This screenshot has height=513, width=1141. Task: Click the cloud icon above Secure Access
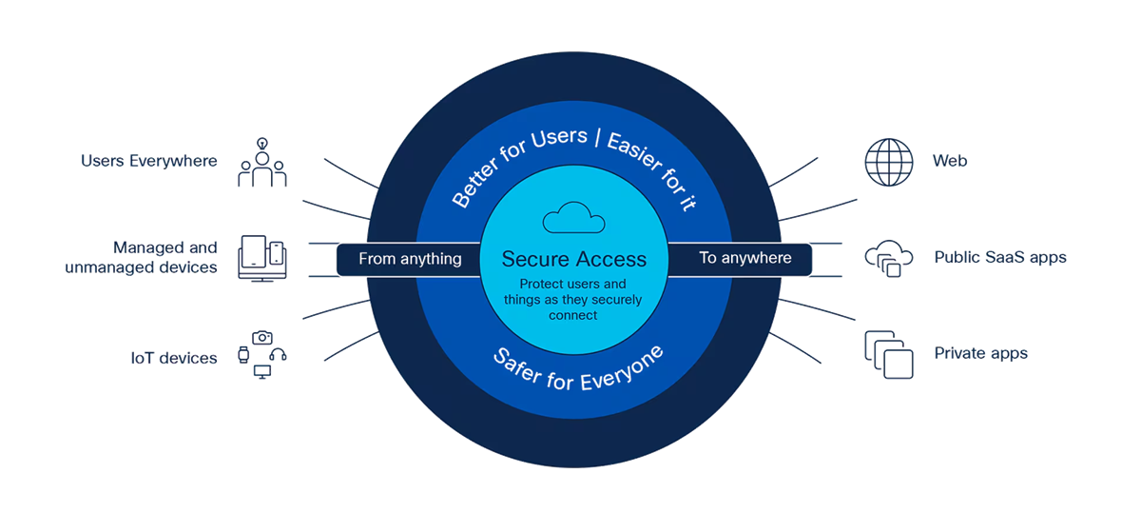click(x=573, y=219)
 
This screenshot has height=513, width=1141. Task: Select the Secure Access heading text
click(x=573, y=259)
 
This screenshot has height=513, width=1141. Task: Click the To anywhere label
click(x=745, y=258)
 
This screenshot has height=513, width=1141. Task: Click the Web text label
click(x=950, y=161)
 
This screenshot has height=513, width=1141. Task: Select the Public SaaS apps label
click(x=999, y=257)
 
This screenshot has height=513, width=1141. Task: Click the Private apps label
click(x=980, y=353)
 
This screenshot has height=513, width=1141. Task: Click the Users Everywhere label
click(x=149, y=160)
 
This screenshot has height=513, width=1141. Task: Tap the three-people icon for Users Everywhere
click(x=262, y=163)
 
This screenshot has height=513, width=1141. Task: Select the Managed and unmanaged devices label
click(x=142, y=257)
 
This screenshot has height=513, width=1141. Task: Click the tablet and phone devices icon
click(x=262, y=257)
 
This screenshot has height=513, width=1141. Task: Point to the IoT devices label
click(x=174, y=358)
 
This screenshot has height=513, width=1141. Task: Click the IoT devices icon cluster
click(x=262, y=355)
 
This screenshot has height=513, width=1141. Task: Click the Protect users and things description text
click(x=572, y=299)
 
